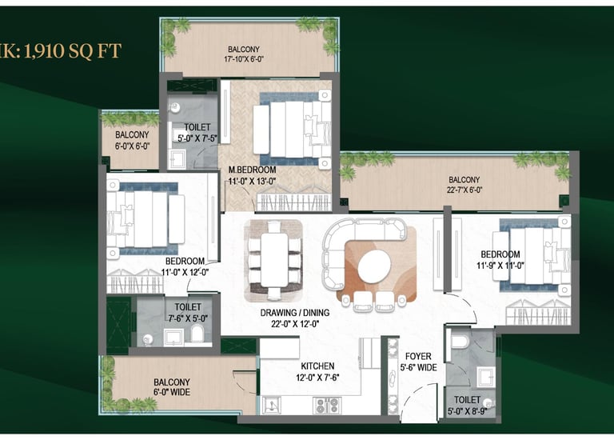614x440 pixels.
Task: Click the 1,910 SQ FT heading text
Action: coord(73,51)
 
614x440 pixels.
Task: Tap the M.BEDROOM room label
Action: coord(252,170)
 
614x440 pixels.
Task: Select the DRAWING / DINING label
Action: coord(295,313)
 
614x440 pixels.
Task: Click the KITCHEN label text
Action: coord(317,366)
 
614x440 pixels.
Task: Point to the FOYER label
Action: coord(418,356)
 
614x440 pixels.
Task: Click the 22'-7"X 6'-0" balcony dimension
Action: coord(464,190)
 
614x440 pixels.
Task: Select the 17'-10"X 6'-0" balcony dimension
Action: coord(244,59)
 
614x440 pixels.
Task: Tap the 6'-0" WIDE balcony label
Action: coord(172,392)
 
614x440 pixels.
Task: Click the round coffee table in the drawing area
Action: coord(374,267)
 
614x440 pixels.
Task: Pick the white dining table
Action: coord(274,260)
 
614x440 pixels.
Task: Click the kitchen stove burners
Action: coord(326,406)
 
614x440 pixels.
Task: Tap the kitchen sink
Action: coord(272,405)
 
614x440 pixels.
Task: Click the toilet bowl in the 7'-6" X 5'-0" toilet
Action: coord(197,334)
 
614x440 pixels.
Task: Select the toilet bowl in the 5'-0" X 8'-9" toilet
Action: coord(460,340)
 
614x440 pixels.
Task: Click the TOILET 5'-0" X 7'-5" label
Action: coord(197,133)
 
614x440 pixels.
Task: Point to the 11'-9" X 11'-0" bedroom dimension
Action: coord(500,266)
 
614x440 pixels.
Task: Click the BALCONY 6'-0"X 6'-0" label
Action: coord(132,140)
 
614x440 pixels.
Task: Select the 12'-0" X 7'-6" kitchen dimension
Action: coord(317,378)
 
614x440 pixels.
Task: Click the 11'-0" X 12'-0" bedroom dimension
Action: coord(185,272)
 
